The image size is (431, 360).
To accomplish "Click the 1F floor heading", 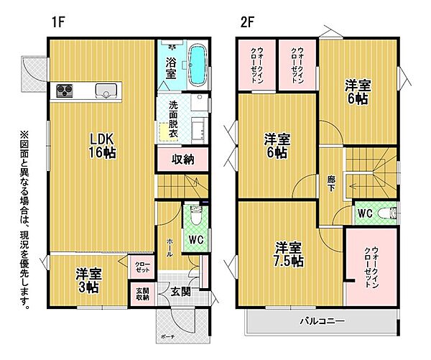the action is (x=58, y=22).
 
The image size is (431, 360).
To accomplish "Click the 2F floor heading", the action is (x=246, y=22).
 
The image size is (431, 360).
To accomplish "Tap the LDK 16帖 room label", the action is (x=102, y=146).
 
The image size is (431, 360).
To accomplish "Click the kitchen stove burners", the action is (x=65, y=91).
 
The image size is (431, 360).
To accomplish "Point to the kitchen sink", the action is (x=106, y=91).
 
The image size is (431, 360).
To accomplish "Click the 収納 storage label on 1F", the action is (x=182, y=160).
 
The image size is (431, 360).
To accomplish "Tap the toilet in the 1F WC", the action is (x=195, y=216).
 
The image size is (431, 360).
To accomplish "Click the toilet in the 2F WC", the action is (x=388, y=213).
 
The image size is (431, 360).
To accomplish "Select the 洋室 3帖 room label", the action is (x=88, y=280).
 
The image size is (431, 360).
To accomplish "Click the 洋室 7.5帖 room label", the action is (x=289, y=254).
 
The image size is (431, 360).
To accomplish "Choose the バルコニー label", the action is (x=322, y=321).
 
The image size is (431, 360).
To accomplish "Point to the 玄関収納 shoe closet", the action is (x=143, y=294).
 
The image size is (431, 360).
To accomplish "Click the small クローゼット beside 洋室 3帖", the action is (x=142, y=267).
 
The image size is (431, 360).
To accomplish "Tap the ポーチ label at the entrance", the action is (x=167, y=336).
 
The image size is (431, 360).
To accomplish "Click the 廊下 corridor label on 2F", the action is (x=330, y=183).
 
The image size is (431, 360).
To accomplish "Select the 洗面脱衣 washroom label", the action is (x=173, y=119).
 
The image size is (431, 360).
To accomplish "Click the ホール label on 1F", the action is (x=170, y=247).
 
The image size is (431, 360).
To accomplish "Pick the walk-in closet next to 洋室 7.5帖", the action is (x=371, y=266).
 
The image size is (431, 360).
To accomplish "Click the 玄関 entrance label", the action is (x=180, y=292).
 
